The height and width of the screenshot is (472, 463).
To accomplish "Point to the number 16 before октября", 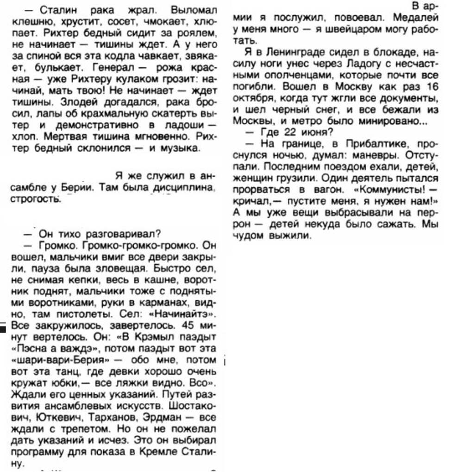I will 431,86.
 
